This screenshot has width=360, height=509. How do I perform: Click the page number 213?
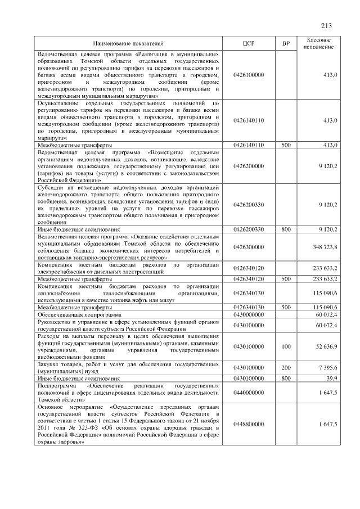326,25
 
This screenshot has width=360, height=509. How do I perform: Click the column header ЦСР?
247,43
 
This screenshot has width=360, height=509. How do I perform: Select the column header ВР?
286,43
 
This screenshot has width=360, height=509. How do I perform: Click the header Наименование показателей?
128,43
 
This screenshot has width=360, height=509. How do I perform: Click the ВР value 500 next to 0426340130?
286,308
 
